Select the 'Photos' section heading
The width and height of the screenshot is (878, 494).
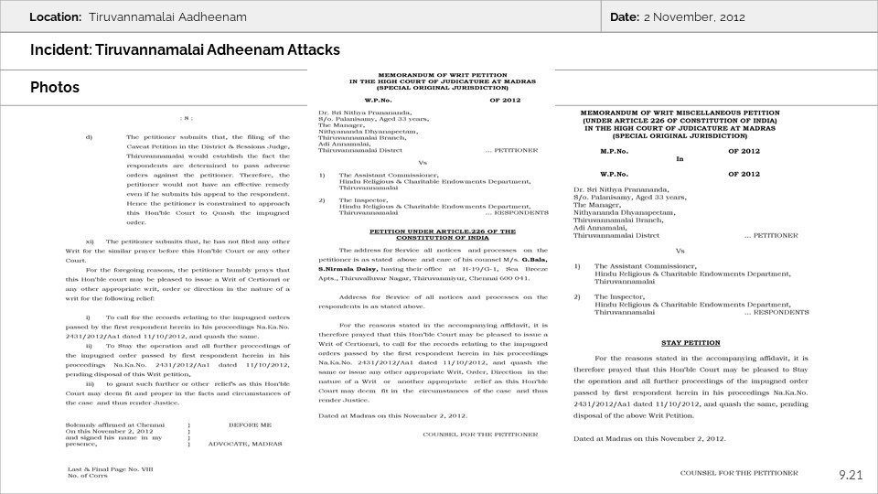[x=54, y=88]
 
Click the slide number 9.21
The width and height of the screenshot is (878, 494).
[x=851, y=474]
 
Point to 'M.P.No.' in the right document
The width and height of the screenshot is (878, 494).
[x=615, y=149]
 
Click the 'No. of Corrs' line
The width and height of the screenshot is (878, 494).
[x=88, y=474]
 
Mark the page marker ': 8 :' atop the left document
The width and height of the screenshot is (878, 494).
[x=187, y=118]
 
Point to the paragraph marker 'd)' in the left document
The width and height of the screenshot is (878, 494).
[x=89, y=136]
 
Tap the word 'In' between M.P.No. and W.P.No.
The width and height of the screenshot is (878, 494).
[x=680, y=157]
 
